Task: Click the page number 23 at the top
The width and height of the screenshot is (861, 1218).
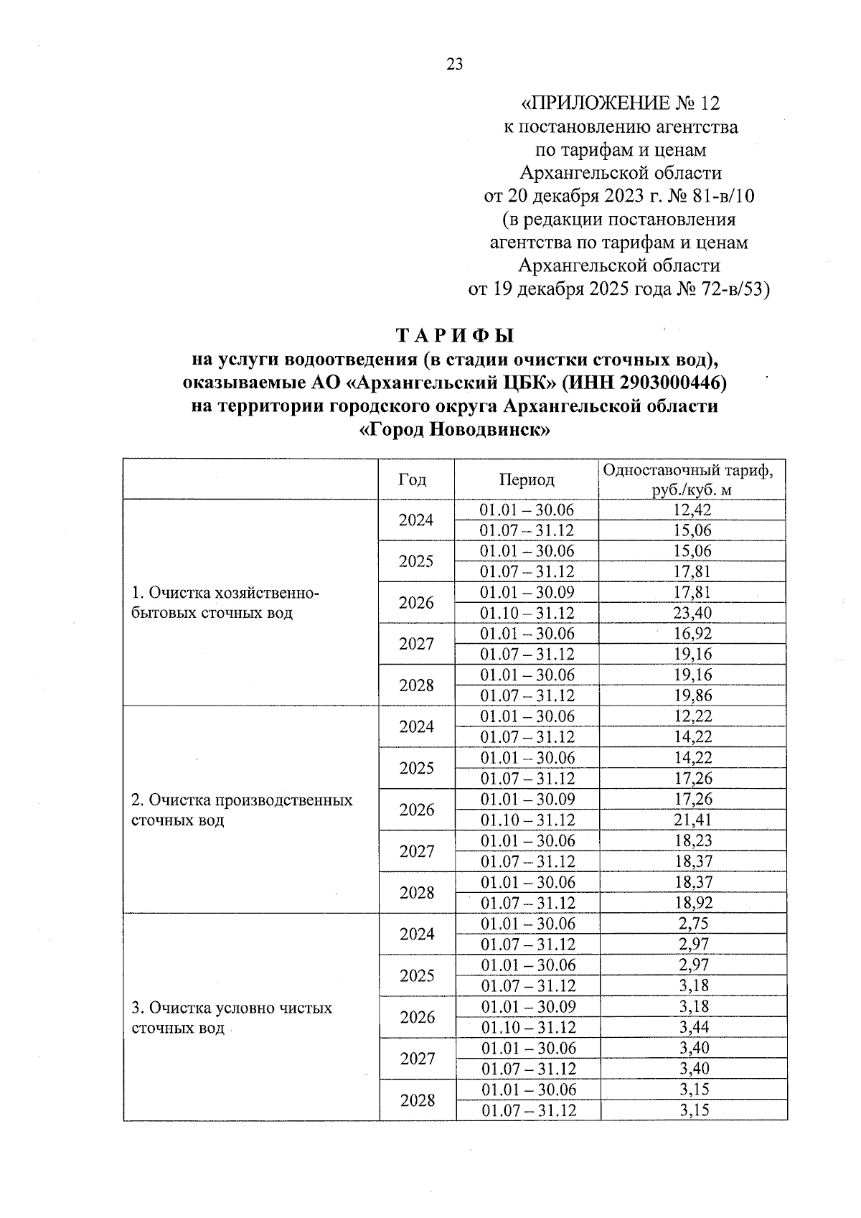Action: pyautogui.click(x=455, y=65)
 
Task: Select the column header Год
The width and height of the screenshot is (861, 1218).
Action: pyautogui.click(x=413, y=479)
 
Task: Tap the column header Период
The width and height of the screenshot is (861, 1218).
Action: pyautogui.click(x=527, y=479)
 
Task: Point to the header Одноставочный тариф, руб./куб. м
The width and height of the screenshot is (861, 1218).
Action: pyautogui.click(x=692, y=479)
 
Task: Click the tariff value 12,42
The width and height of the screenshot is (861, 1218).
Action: pyautogui.click(x=692, y=510)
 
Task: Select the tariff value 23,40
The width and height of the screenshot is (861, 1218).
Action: pyautogui.click(x=692, y=613)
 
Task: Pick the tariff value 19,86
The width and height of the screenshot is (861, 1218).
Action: pyautogui.click(x=692, y=695)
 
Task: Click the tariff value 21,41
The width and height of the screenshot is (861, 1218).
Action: pyautogui.click(x=692, y=820)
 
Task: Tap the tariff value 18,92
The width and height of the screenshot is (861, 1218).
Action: pyautogui.click(x=692, y=902)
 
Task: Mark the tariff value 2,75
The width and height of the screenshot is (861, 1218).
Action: pyautogui.click(x=692, y=923)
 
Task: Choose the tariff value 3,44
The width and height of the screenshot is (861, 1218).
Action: pyautogui.click(x=692, y=1026)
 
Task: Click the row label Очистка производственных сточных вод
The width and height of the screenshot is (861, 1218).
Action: pyautogui.click(x=241, y=810)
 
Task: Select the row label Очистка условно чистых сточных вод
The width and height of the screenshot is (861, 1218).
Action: pyautogui.click(x=231, y=1017)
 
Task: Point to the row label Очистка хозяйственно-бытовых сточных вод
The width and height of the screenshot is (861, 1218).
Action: pyautogui.click(x=225, y=603)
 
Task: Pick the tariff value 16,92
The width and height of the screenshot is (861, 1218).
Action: pyautogui.click(x=692, y=634)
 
